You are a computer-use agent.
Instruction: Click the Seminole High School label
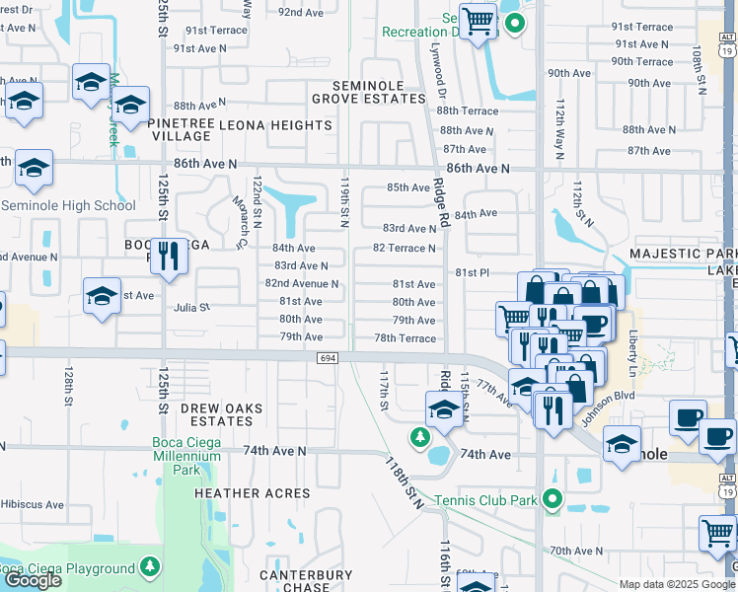click(68, 205)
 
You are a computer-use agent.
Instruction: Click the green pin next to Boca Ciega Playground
click(149, 567)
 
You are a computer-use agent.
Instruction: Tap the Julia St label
click(191, 307)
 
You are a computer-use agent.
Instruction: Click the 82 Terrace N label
click(404, 248)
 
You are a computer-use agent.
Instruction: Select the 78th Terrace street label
click(405, 338)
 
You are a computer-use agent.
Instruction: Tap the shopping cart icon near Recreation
click(478, 20)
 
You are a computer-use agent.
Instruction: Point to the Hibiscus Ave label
click(33, 504)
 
